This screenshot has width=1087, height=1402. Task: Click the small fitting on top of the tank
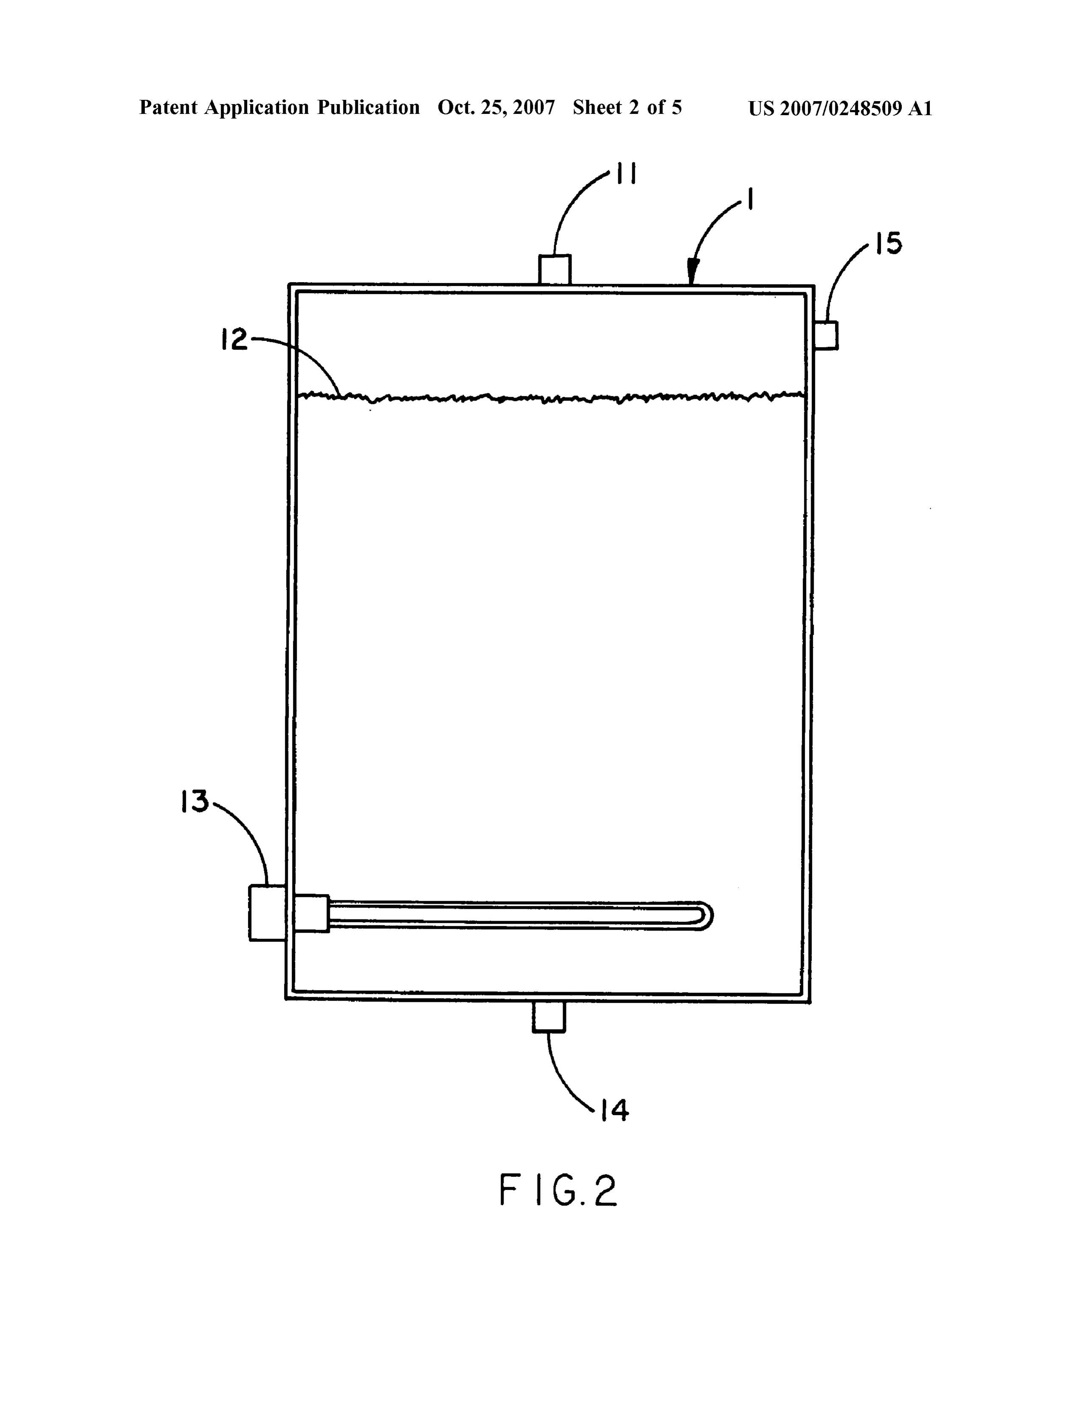click(x=555, y=270)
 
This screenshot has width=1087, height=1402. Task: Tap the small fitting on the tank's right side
click(x=826, y=335)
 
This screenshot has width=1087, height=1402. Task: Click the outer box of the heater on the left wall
click(x=268, y=913)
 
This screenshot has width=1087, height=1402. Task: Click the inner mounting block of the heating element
click(x=311, y=913)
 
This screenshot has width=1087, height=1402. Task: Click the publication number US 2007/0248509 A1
click(x=840, y=108)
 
